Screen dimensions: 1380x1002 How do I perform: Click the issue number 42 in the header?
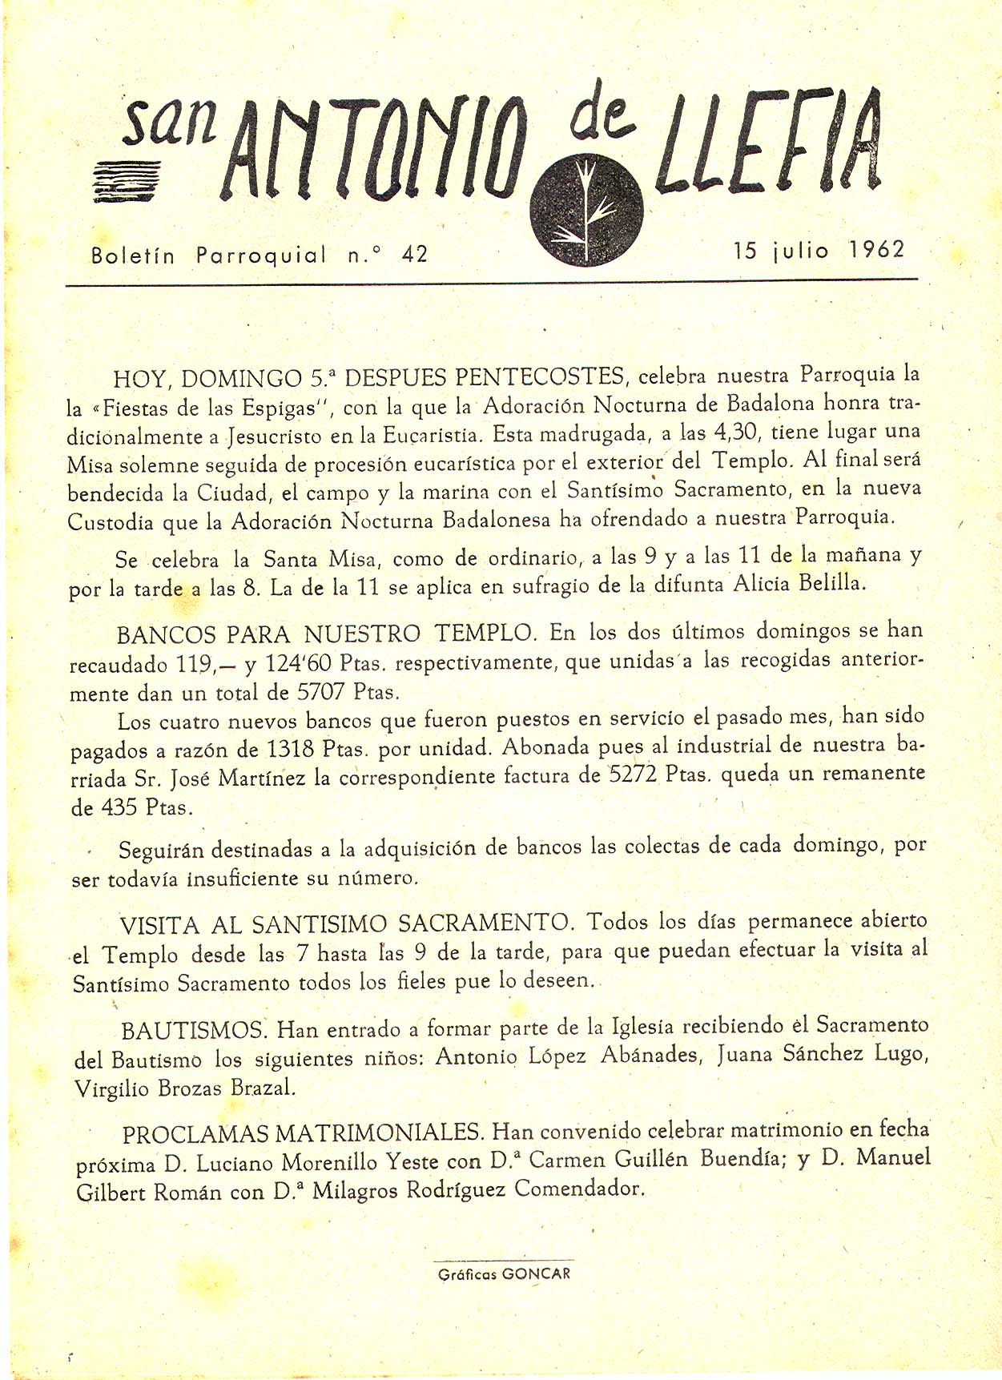pyautogui.click(x=416, y=255)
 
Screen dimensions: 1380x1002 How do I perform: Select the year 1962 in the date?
pyautogui.click(x=876, y=250)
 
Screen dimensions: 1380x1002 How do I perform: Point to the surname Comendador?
pyautogui.click(x=579, y=1189)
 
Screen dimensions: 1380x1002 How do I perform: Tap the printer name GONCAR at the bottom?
pyautogui.click(x=536, y=1273)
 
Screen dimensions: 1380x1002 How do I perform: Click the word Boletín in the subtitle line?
pyautogui.click(x=133, y=256)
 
